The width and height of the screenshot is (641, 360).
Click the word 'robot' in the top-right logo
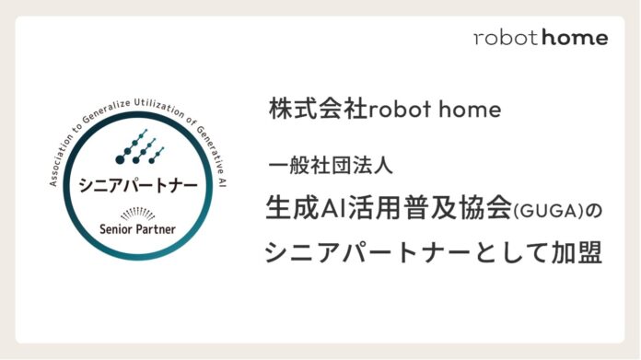click(x=504, y=38)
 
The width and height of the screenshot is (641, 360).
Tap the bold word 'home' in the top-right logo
click(x=577, y=38)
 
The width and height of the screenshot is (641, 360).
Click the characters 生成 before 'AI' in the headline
click(x=294, y=208)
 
